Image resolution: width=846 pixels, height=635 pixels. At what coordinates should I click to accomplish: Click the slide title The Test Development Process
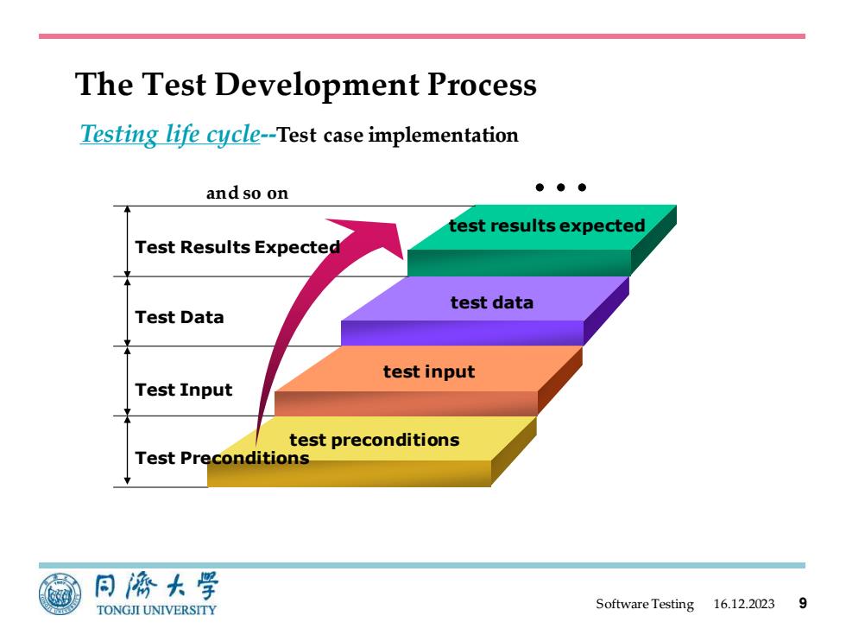(306, 85)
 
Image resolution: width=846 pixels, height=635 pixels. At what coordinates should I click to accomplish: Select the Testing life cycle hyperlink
(170, 134)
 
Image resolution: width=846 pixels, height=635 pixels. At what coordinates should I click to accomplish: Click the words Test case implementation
(397, 135)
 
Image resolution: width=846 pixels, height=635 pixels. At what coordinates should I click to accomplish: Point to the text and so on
(247, 193)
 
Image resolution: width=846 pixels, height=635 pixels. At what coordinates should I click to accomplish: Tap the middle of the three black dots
(560, 187)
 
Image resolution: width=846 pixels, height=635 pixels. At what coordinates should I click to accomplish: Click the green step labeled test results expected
(542, 240)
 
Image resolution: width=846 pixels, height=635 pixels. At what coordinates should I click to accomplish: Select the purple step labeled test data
(485, 311)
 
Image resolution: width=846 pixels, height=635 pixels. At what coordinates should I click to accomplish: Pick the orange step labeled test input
(428, 381)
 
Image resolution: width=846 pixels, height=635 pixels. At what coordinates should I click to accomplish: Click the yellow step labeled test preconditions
(372, 451)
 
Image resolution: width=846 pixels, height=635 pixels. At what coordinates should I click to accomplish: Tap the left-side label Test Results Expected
(237, 247)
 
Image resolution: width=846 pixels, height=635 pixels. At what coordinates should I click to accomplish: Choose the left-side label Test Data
(180, 317)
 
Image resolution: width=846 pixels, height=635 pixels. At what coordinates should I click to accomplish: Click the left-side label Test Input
(183, 390)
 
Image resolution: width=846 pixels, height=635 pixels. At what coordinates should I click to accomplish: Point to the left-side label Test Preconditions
(222, 458)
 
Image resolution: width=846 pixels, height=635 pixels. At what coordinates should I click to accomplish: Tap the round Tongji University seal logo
(60, 594)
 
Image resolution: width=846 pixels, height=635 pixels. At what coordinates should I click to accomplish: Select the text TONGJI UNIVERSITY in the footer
(156, 610)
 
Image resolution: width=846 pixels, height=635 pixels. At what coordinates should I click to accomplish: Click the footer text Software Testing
(645, 604)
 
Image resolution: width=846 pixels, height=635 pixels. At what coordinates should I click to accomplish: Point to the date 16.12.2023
(744, 604)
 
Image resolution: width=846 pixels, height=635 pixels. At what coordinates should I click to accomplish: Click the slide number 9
(803, 603)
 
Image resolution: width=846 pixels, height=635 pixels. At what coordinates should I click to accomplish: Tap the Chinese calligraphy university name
(156, 587)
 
